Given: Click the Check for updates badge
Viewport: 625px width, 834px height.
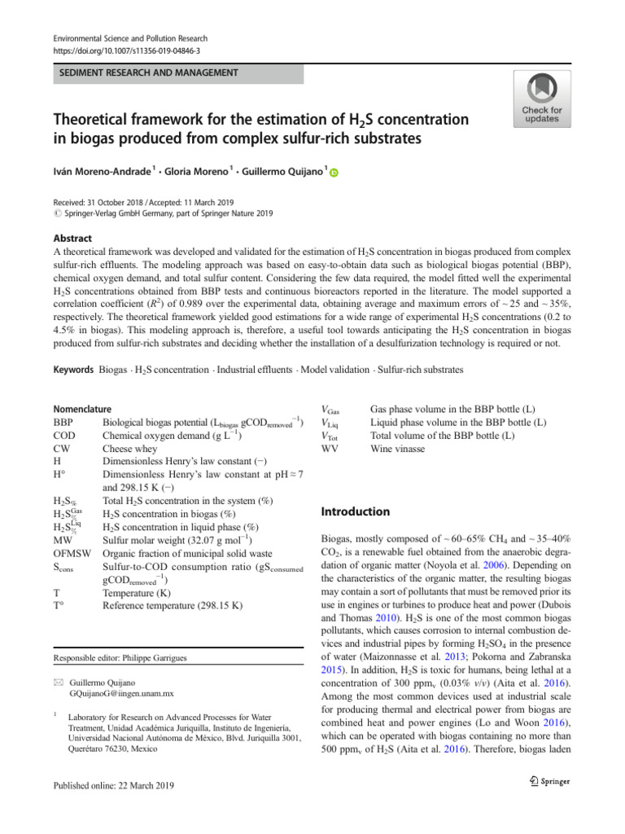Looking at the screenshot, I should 541,99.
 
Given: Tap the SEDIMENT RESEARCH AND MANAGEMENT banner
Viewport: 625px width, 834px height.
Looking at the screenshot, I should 146,73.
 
